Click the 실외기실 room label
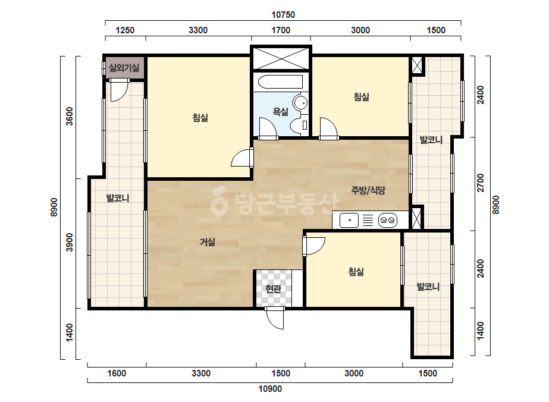click(x=124, y=68)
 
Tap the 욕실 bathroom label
click(x=281, y=112)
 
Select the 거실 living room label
click(x=208, y=242)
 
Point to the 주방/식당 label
click(x=368, y=190)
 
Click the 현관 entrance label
click(x=273, y=289)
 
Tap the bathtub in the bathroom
click(x=281, y=82)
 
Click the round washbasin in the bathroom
click(x=300, y=103)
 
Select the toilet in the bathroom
click(x=299, y=125)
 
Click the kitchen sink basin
click(x=349, y=220)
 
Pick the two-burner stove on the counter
click(x=388, y=220)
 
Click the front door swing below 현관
click(x=275, y=318)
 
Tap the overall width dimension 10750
click(x=283, y=15)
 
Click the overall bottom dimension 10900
click(x=270, y=389)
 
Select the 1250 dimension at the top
click(x=125, y=30)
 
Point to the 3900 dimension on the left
click(x=70, y=242)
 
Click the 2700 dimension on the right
click(x=481, y=183)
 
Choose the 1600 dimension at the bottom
click(x=117, y=373)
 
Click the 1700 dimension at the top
click(x=281, y=30)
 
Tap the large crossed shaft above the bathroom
click(x=281, y=58)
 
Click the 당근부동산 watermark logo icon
click(x=219, y=201)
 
